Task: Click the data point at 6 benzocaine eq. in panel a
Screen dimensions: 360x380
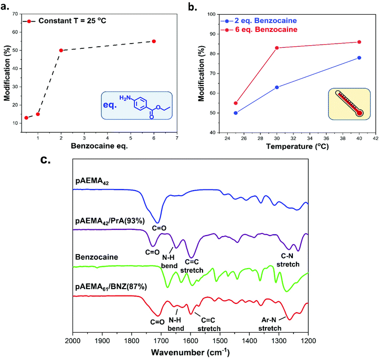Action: click(x=154, y=41)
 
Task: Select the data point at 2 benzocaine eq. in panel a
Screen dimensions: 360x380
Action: click(x=61, y=50)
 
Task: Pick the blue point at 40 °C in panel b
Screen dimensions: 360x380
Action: click(x=359, y=58)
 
